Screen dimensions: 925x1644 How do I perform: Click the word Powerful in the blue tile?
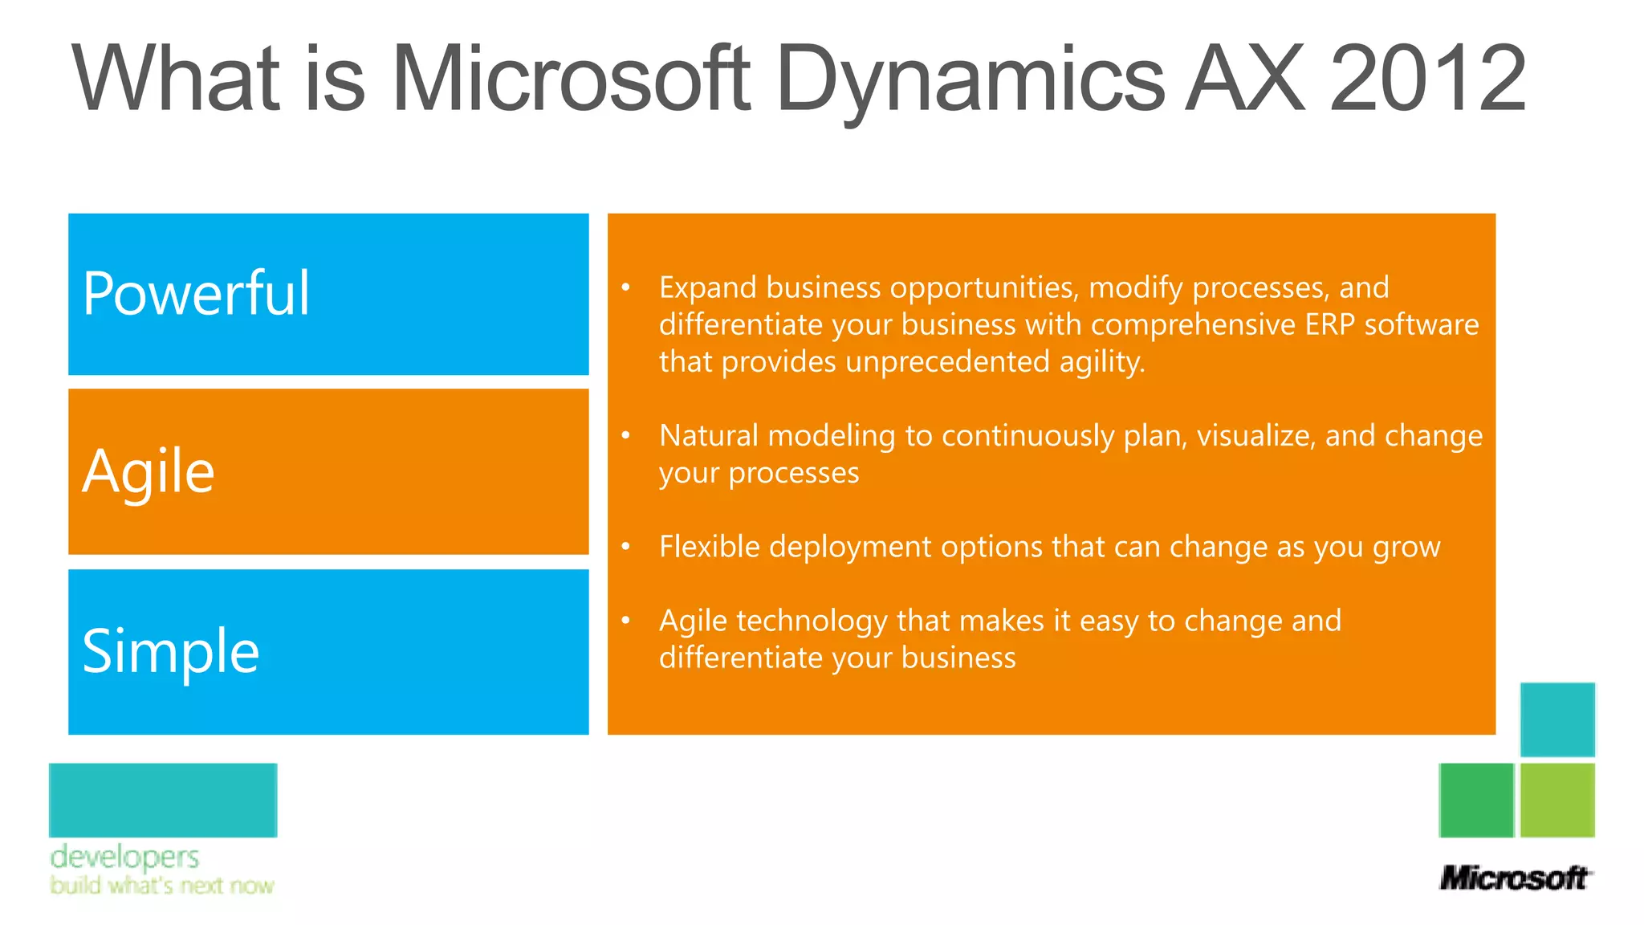(x=196, y=294)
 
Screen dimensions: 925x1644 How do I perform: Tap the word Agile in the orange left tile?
(x=149, y=472)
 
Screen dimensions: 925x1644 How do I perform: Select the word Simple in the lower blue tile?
(x=171, y=651)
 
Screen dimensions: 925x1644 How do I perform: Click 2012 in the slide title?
(x=1427, y=79)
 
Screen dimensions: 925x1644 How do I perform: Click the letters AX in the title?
(x=1245, y=79)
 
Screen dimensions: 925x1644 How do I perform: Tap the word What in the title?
(x=176, y=79)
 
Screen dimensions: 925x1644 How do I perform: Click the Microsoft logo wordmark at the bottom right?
(x=1514, y=878)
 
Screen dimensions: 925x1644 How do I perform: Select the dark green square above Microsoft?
(x=1476, y=800)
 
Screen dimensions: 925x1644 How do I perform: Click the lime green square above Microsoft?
(x=1557, y=800)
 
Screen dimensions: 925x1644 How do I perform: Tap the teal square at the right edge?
(x=1557, y=719)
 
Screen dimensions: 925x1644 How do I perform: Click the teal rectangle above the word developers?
(x=163, y=800)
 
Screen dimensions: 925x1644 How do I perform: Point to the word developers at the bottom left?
(x=124, y=857)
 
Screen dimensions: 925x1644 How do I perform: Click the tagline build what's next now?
(x=161, y=886)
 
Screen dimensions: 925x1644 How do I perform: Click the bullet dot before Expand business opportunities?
(x=625, y=287)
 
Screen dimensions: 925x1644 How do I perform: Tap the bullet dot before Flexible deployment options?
(x=625, y=547)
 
